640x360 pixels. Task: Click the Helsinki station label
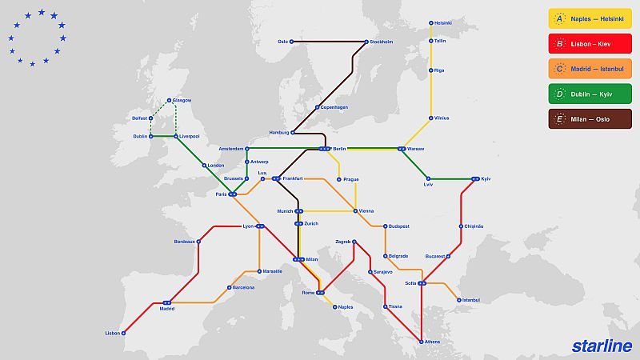444,22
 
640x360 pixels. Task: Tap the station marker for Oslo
292,42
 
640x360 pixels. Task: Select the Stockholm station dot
367,42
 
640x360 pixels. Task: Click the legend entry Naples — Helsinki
590,19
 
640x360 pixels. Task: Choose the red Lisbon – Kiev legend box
590,43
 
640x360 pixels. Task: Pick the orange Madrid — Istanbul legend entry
590,67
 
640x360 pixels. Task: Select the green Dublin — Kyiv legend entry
590,91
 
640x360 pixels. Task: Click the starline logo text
602,346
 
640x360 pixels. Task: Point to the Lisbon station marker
124,333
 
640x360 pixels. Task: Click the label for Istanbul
471,300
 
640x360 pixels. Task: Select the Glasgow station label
182,100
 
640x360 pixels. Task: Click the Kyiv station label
485,178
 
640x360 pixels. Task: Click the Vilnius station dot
430,118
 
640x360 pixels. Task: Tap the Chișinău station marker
462,226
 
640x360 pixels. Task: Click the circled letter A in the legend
559,19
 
